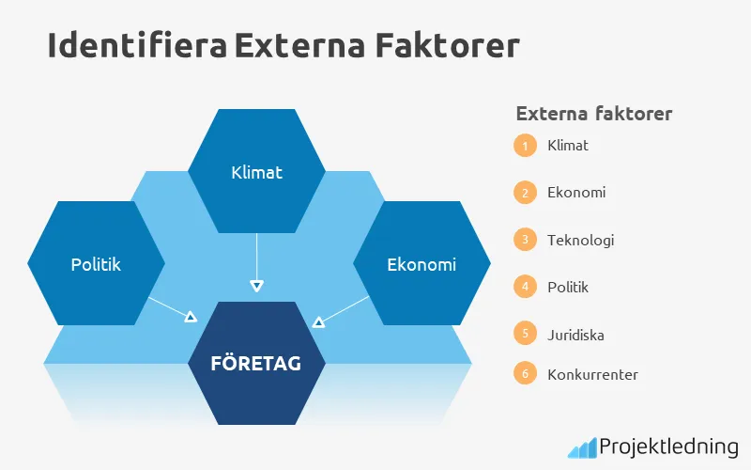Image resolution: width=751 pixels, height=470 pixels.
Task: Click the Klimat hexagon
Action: (256, 172)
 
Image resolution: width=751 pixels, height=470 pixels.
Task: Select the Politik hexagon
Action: (96, 264)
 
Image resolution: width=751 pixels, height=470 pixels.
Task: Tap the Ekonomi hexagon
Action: (421, 264)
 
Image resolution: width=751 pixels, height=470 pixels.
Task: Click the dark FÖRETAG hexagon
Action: (256, 363)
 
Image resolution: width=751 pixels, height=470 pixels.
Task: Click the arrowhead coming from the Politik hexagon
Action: (191, 318)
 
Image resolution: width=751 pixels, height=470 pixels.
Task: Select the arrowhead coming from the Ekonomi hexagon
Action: (318, 322)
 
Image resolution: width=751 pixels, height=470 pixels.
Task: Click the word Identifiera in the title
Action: (136, 45)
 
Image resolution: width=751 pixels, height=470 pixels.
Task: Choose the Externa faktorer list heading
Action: (593, 114)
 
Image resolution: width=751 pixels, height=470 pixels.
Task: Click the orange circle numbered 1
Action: (525, 146)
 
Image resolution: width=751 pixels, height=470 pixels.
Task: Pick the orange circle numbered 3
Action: (525, 240)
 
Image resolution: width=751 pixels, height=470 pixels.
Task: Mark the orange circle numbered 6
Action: (525, 373)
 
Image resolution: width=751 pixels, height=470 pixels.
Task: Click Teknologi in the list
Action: (580, 240)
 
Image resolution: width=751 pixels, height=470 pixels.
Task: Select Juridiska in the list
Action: (577, 334)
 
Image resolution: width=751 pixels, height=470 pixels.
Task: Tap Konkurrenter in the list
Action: (592, 374)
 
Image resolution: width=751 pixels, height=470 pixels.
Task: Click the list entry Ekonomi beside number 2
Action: (576, 193)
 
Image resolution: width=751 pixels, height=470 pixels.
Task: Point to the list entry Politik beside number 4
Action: (568, 287)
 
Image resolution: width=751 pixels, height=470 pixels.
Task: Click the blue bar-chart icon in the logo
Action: (581, 446)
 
